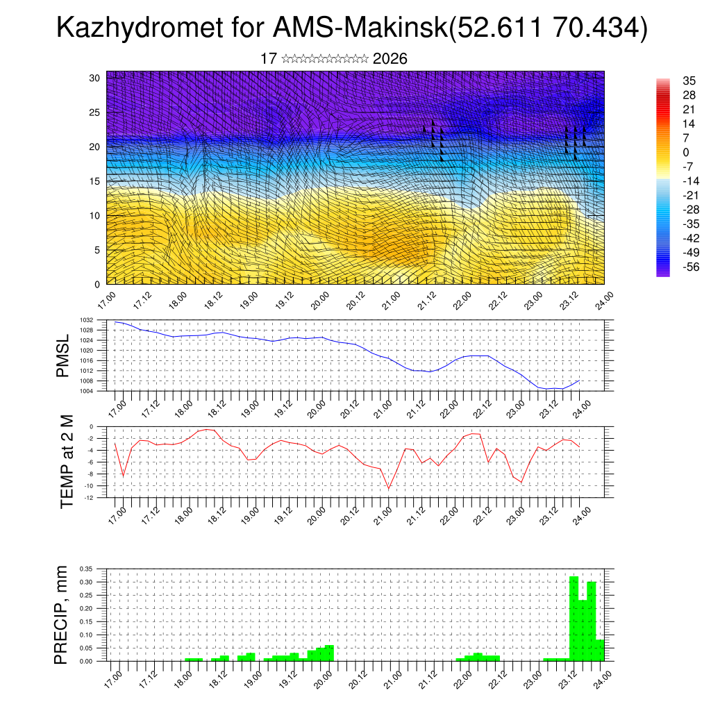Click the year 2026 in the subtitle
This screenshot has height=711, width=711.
(390, 59)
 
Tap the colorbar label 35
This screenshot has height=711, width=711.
(689, 81)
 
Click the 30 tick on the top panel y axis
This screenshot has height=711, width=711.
(95, 78)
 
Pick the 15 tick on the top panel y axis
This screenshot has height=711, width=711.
(95, 181)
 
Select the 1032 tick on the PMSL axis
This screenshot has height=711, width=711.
(105, 321)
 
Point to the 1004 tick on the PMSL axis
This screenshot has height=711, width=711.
(105, 392)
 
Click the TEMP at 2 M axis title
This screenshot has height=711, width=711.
(67, 462)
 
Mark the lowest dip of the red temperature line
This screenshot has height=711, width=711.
(389, 488)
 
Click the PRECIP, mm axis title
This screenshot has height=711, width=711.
(62, 614)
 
